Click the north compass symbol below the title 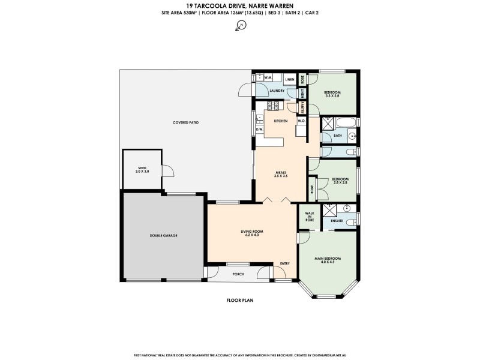click(241, 25)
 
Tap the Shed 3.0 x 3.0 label click(142, 169)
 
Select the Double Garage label click(163, 235)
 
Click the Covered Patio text click(186, 122)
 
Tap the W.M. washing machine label click(268, 78)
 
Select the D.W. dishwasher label click(260, 129)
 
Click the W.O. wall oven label click(301, 121)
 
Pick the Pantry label click(304, 107)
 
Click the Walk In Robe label click(310, 217)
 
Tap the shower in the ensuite click(329, 209)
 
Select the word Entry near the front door click(284, 263)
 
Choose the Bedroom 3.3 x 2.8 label click(332, 94)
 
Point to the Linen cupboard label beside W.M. click(289, 79)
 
